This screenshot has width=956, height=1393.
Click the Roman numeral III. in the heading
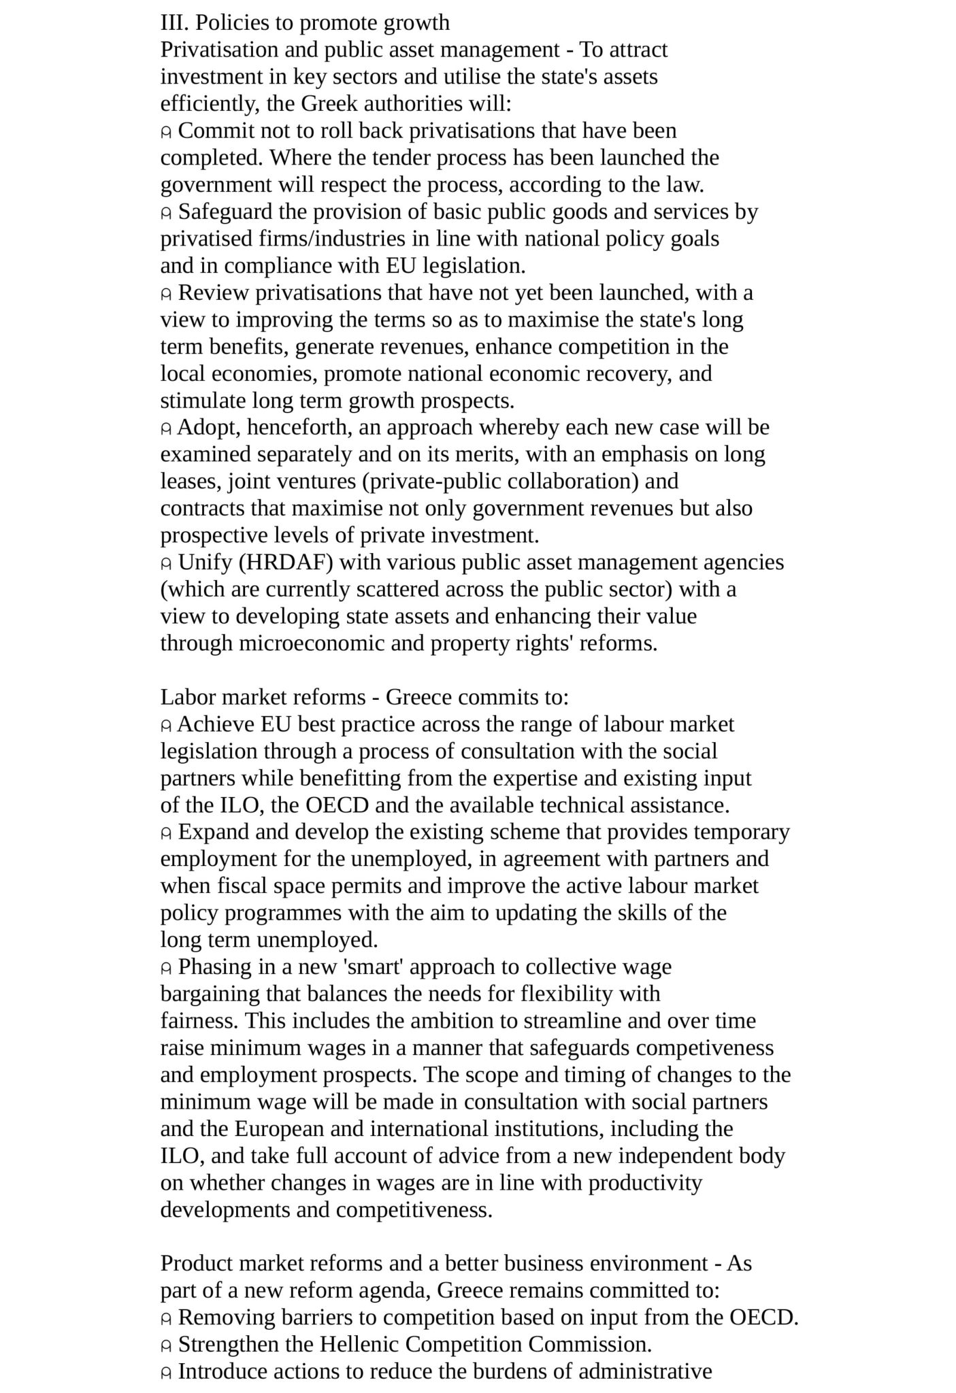pyautogui.click(x=174, y=22)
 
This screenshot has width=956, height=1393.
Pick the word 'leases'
pyautogui.click(x=191, y=482)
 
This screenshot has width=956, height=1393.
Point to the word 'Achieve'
pyautogui.click(x=216, y=724)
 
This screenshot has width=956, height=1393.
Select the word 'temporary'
pyautogui.click(x=742, y=832)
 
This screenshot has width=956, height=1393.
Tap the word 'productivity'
pyautogui.click(x=645, y=1183)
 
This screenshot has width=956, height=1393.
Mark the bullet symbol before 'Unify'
pyautogui.click(x=165, y=564)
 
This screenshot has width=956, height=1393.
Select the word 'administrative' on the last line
pyautogui.click(x=645, y=1371)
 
